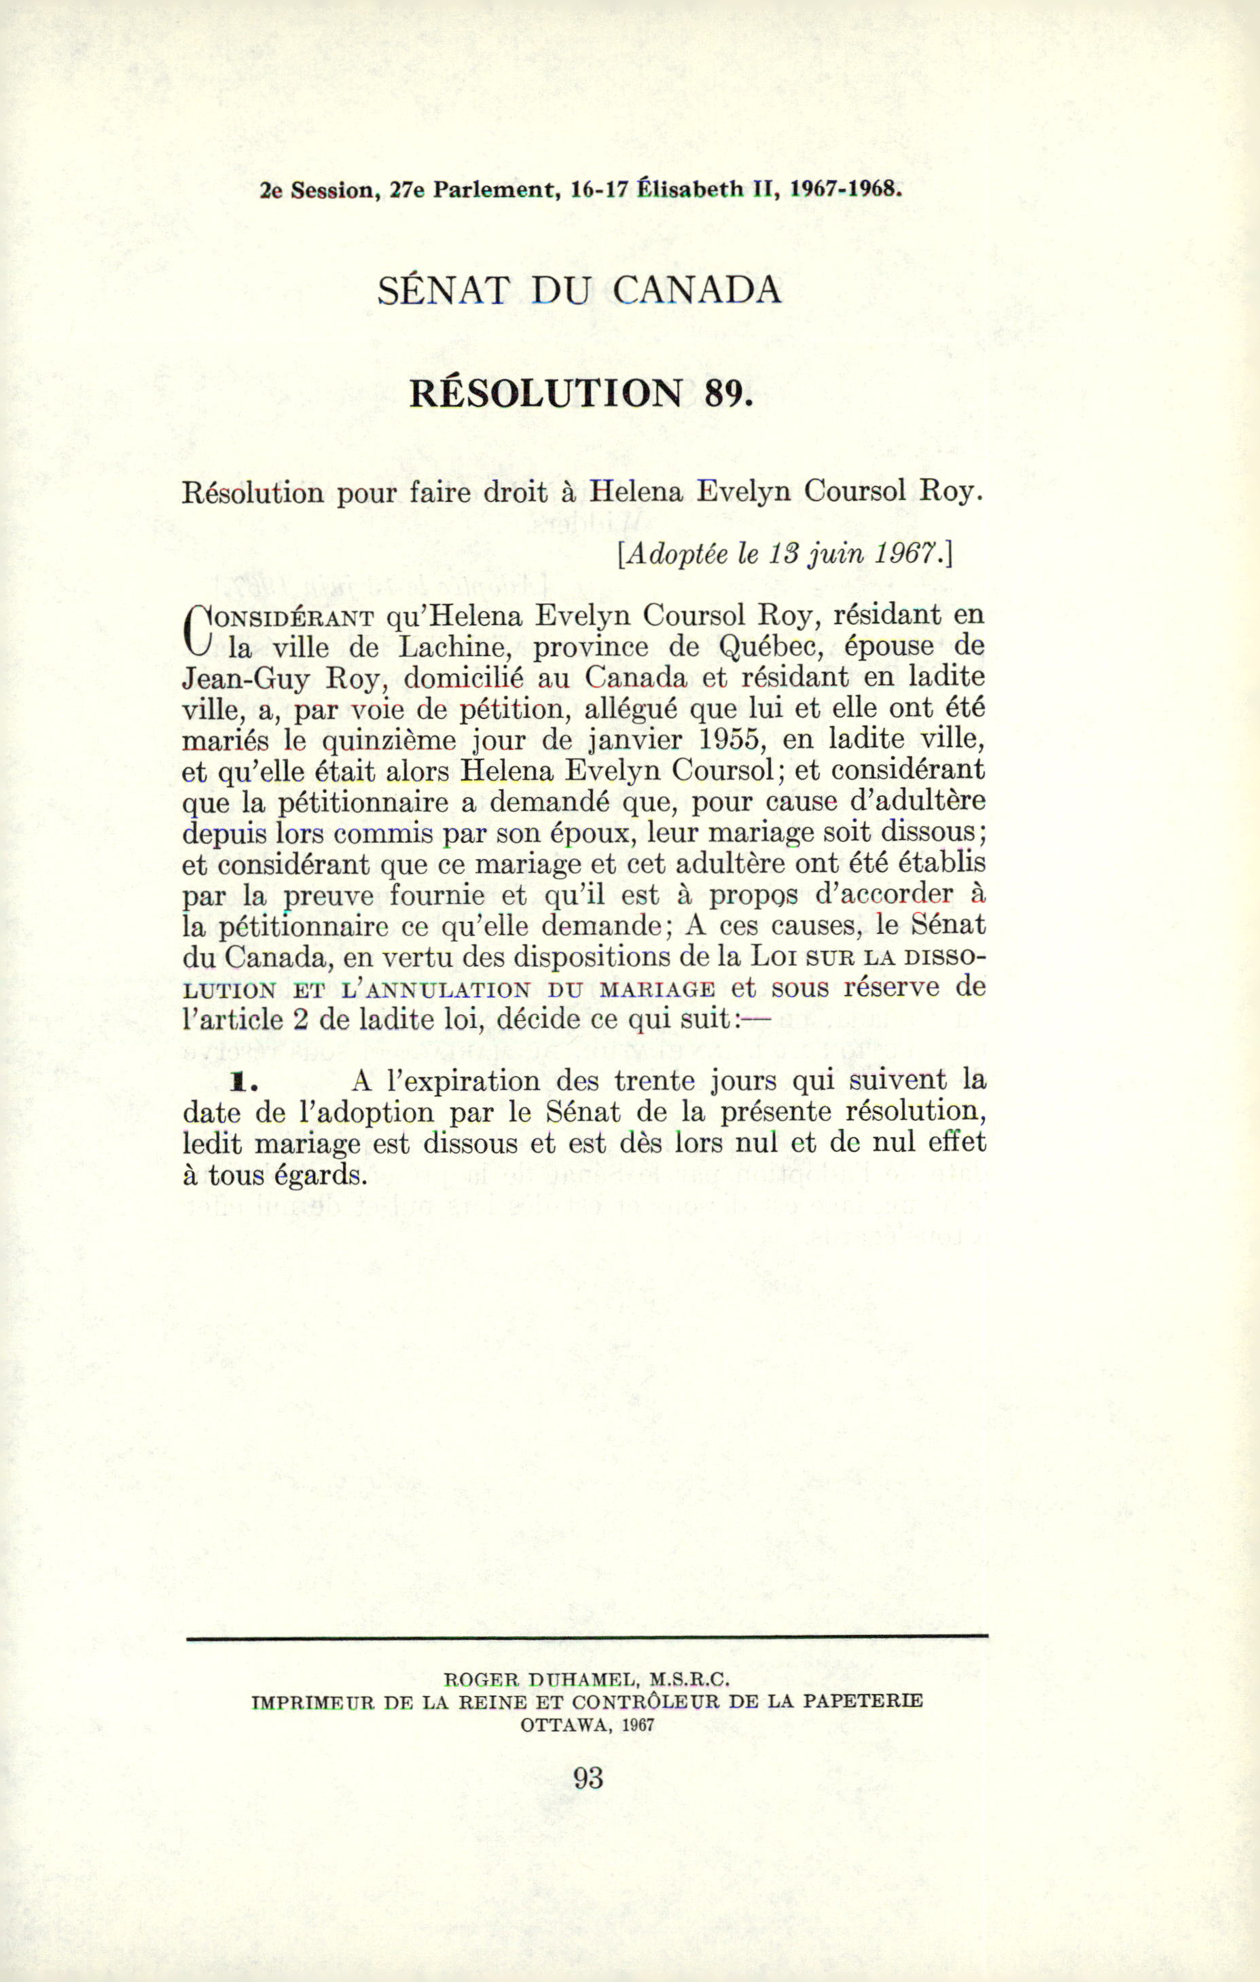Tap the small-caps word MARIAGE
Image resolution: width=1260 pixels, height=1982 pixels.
pos(657,988)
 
